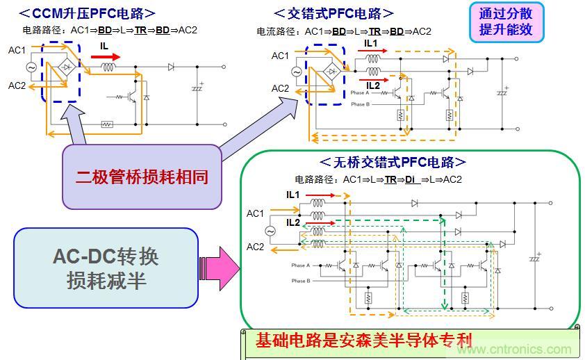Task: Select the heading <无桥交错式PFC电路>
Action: click(393, 162)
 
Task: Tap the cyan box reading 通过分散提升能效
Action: click(506, 22)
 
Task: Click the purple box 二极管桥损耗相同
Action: click(142, 177)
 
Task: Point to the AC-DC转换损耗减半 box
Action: click(106, 268)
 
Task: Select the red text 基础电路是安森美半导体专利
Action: click(363, 341)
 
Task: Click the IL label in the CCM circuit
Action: click(104, 45)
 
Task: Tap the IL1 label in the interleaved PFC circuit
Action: click(372, 43)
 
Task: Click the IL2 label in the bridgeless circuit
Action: click(292, 222)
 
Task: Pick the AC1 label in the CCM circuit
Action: click(17, 50)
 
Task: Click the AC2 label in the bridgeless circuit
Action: click(255, 247)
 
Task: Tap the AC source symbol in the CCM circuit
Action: click(31, 67)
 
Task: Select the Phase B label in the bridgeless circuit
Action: click(302, 281)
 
